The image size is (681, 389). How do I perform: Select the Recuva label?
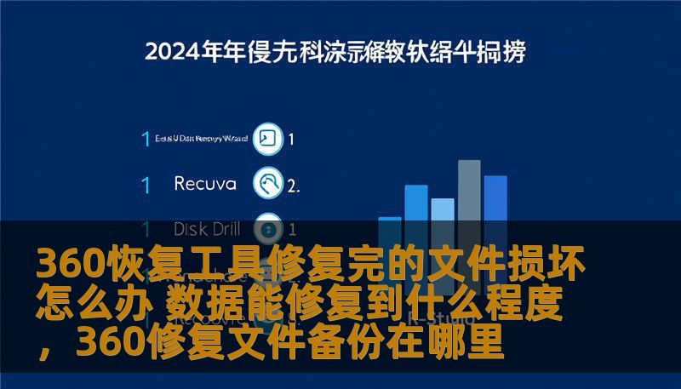pyautogui.click(x=205, y=183)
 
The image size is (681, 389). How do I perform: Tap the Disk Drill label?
pyautogui.click(x=207, y=229)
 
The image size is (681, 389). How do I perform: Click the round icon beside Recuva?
pyautogui.click(x=268, y=183)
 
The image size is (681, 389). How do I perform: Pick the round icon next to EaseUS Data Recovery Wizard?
pyautogui.click(x=268, y=139)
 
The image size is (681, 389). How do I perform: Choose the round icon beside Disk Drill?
pyautogui.click(x=268, y=228)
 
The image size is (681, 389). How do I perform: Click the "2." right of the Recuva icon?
pyautogui.click(x=293, y=184)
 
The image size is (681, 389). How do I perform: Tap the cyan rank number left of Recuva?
pyautogui.click(x=146, y=184)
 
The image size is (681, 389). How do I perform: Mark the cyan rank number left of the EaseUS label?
pyautogui.click(x=146, y=139)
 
